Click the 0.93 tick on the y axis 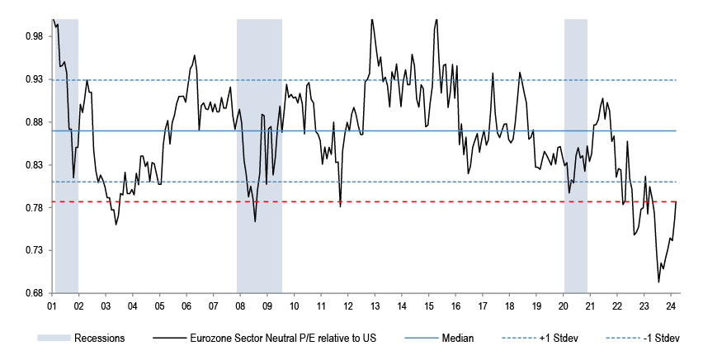(x=34, y=79)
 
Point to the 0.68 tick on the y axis (x=34, y=293)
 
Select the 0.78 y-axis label (x=34, y=208)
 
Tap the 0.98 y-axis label (x=34, y=36)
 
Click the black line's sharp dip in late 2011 (x=340, y=206)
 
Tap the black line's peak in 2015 (x=436, y=19)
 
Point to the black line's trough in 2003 (x=116, y=224)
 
